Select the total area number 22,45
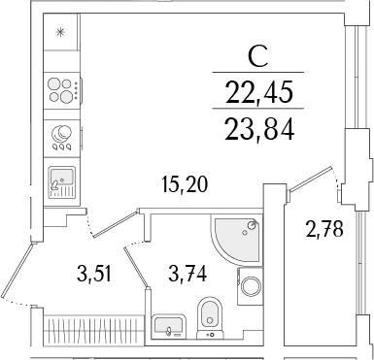click(258, 91)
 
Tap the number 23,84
click(259, 128)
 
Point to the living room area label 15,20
click(185, 184)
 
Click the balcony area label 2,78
click(323, 229)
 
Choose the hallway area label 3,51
click(94, 274)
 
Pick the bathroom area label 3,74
click(187, 274)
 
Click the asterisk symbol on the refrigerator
click(60, 32)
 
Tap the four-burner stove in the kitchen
click(62, 88)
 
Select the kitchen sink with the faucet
click(62, 182)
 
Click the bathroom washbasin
click(168, 325)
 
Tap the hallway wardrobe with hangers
click(93, 327)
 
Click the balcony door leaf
click(310, 179)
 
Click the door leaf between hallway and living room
click(116, 224)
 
